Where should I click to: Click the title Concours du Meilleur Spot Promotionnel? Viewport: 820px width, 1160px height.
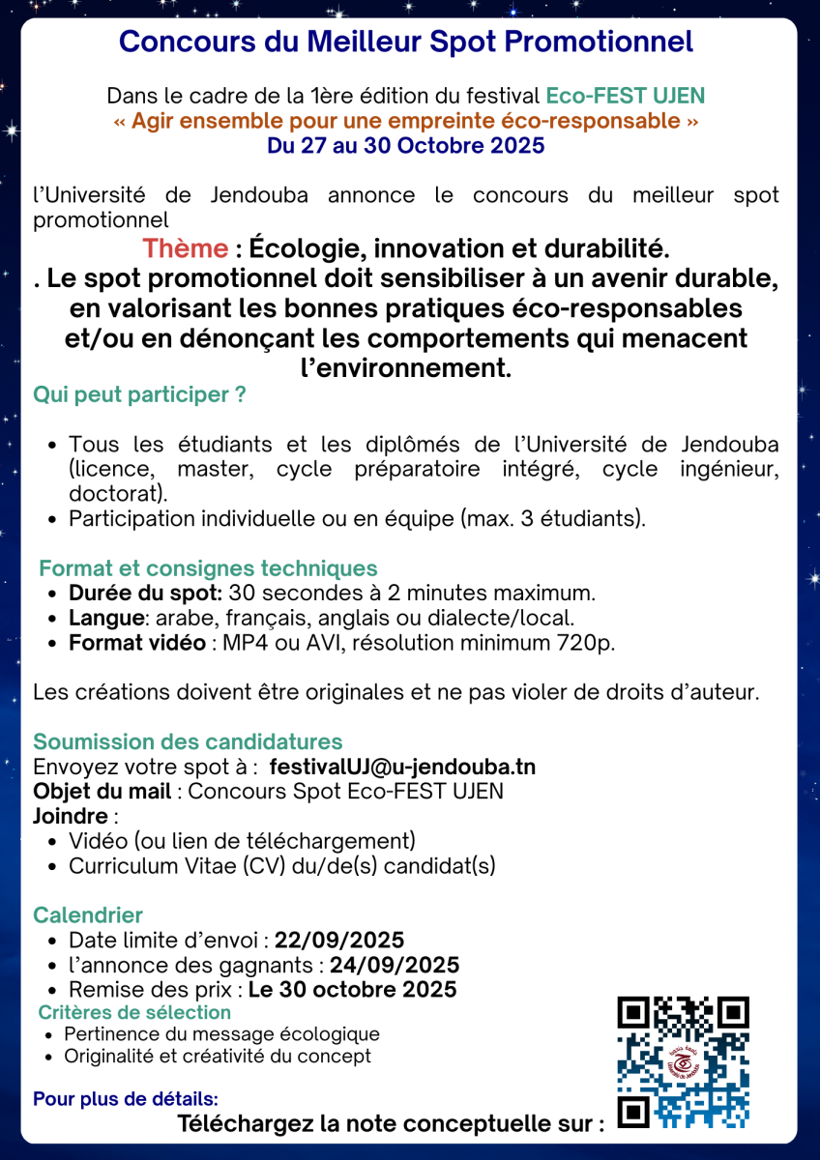(406, 43)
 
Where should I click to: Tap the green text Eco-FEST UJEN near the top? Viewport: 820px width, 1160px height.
(625, 97)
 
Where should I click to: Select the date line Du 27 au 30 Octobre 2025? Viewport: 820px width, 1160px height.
(406, 146)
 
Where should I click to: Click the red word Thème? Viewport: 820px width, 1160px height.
(185, 248)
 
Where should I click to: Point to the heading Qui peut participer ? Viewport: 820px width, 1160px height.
(139, 395)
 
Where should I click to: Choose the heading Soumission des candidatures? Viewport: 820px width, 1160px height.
(188, 742)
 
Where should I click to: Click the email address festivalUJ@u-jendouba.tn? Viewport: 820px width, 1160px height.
(401, 768)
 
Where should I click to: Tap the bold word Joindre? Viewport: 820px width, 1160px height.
(71, 816)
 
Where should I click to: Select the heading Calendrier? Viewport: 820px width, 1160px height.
(88, 914)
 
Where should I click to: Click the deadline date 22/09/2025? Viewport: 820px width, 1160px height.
(339, 941)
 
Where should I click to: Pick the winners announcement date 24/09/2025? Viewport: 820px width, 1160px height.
(395, 965)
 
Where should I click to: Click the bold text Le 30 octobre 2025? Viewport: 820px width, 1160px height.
(353, 990)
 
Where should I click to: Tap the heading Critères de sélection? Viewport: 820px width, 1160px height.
(134, 1013)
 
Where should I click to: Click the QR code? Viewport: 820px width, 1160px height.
(683, 1062)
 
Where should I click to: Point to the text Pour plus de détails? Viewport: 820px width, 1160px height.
(126, 1099)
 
